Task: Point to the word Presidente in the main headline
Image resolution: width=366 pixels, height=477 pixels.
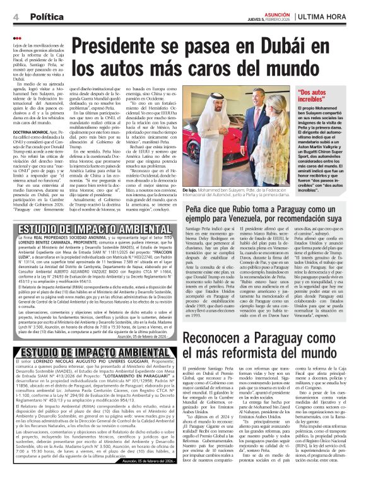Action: tap(123, 45)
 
